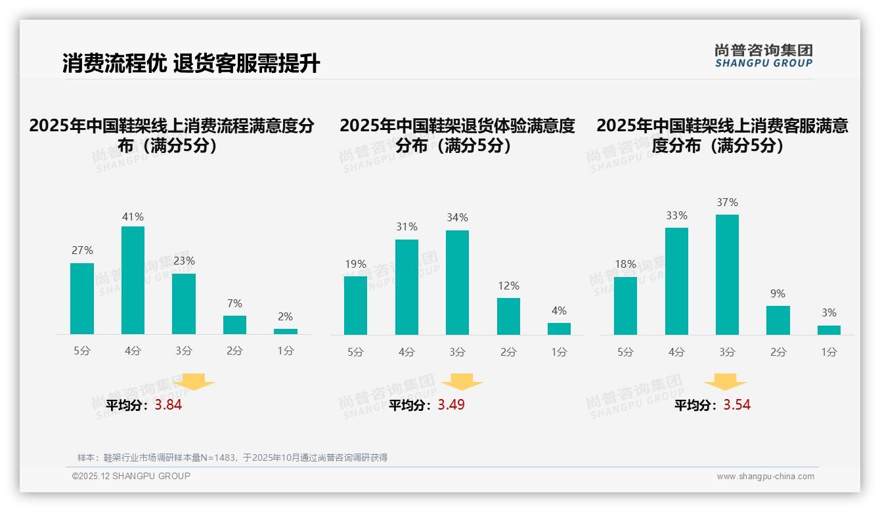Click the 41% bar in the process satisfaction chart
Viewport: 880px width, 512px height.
click(133, 280)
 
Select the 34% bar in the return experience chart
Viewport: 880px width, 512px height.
click(457, 282)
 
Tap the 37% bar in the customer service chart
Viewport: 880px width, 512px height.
click(727, 274)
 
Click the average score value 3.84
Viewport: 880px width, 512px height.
click(168, 405)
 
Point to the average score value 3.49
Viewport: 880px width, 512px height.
click(451, 405)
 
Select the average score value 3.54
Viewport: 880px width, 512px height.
click(737, 405)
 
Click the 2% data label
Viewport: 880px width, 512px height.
click(285, 316)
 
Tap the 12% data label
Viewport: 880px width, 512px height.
click(508, 286)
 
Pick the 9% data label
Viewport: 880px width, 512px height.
click(778, 293)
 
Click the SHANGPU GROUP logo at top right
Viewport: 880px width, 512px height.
click(763, 56)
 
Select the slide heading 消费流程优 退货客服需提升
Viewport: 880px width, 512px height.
click(191, 64)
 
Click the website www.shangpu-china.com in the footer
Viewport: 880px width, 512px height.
click(765, 477)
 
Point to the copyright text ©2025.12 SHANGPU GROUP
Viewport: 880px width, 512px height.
click(131, 476)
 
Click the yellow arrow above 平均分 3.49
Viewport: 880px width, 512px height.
click(462, 381)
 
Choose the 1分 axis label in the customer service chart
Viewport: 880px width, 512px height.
click(829, 352)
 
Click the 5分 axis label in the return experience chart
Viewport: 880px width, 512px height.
click(355, 352)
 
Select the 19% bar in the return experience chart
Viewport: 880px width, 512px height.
click(355, 305)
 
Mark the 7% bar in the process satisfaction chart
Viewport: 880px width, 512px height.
click(234, 325)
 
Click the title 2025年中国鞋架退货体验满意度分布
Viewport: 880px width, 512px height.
click(457, 135)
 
